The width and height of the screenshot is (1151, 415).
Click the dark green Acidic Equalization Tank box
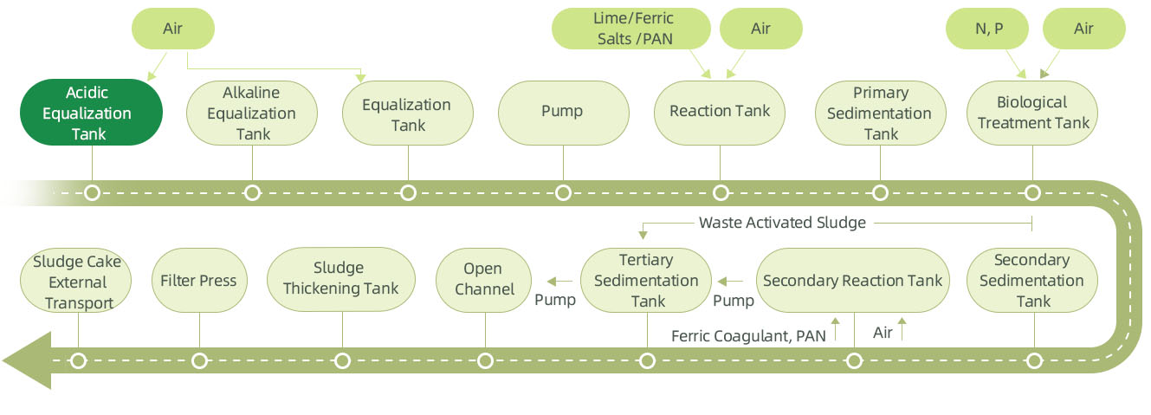[x=91, y=113]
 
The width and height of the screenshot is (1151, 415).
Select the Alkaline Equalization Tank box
[x=253, y=113]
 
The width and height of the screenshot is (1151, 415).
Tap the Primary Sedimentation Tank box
[x=881, y=113]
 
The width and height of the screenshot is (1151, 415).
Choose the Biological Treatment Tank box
[x=1033, y=113]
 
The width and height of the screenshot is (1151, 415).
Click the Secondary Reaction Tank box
[x=853, y=281]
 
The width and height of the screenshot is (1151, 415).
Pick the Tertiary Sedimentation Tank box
[x=646, y=281]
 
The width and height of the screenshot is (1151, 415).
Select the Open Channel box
[x=484, y=281]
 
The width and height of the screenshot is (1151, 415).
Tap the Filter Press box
[x=198, y=281]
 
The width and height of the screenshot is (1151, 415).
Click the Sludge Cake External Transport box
[x=78, y=282]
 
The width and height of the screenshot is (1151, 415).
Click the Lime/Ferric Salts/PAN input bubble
[x=633, y=29]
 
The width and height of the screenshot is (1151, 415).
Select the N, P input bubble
[x=989, y=29]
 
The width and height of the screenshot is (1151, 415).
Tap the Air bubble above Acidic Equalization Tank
[x=172, y=29]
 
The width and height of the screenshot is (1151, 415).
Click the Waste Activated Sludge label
[x=782, y=223]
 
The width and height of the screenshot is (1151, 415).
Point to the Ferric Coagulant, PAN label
[x=748, y=335]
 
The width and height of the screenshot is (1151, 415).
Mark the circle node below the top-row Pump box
[x=563, y=192]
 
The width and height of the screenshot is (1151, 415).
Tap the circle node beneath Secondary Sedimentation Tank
[x=1033, y=360]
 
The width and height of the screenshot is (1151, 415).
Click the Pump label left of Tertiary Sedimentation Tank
[x=555, y=301]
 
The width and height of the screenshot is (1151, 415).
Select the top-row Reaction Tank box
[x=720, y=112]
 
